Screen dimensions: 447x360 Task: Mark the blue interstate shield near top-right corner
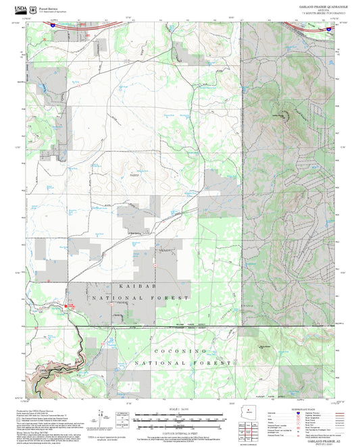(328, 29)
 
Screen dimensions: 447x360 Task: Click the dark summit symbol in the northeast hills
(284, 113)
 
